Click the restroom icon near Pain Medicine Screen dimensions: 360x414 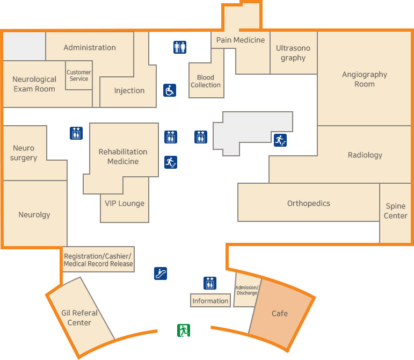[x=180, y=47]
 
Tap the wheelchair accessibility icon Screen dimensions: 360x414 [x=170, y=90]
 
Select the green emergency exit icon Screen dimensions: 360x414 [x=184, y=330]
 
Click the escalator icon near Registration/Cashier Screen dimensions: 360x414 [x=160, y=273]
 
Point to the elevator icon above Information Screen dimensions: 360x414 [x=210, y=283]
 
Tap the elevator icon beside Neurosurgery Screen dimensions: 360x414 [x=76, y=133]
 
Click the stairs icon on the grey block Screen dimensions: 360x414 [x=280, y=140]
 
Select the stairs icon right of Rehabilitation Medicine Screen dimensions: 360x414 [x=170, y=162]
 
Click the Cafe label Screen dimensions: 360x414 [x=279, y=313]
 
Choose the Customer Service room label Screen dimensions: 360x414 [x=79, y=76]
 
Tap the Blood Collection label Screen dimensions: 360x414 [x=206, y=81]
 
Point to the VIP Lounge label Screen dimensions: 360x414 [x=125, y=203]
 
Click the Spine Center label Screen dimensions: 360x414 [x=396, y=211]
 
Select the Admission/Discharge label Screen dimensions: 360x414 [x=247, y=290]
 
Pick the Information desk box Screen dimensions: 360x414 [x=210, y=301]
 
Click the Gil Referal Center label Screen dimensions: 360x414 [x=79, y=318]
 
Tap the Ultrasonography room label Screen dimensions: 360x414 [x=293, y=53]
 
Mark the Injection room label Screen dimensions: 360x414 [x=129, y=90]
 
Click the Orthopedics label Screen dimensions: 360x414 [x=309, y=203]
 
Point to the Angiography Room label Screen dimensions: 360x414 [x=365, y=79]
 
